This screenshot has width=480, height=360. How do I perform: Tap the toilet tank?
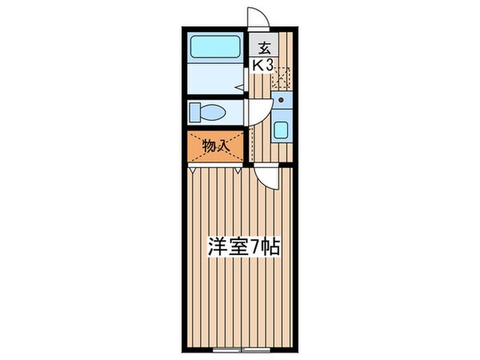click(x=194, y=113)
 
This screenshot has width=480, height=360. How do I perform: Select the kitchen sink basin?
click(x=282, y=129)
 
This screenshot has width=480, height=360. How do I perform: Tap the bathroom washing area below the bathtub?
click(x=214, y=80)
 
